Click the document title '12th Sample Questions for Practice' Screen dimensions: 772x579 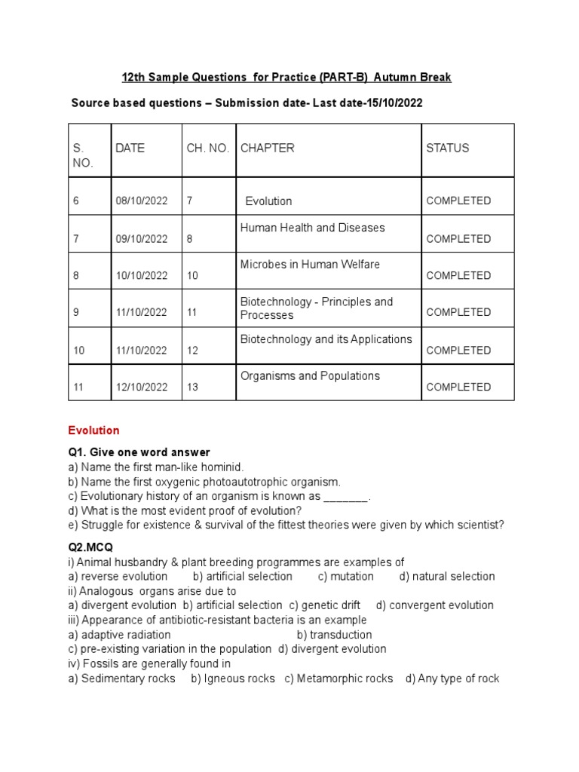point(286,78)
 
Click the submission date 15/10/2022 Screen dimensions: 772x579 point(394,103)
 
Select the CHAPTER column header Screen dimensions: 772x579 point(267,148)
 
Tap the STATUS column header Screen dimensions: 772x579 point(447,148)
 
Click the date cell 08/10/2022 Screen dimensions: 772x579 point(142,201)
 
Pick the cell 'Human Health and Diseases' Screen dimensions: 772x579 point(312,228)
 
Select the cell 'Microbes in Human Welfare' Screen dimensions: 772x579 point(310,265)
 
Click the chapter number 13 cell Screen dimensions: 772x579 point(192,388)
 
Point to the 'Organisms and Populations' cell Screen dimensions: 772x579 point(310,376)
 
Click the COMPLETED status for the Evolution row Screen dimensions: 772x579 point(458,201)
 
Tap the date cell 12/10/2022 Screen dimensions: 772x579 point(142,388)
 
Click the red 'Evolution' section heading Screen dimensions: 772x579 point(93,430)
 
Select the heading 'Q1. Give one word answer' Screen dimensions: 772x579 point(139,452)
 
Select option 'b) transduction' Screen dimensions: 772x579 point(334,635)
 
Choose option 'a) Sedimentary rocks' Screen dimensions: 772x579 point(121,679)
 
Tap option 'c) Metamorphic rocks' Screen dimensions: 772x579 point(339,679)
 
